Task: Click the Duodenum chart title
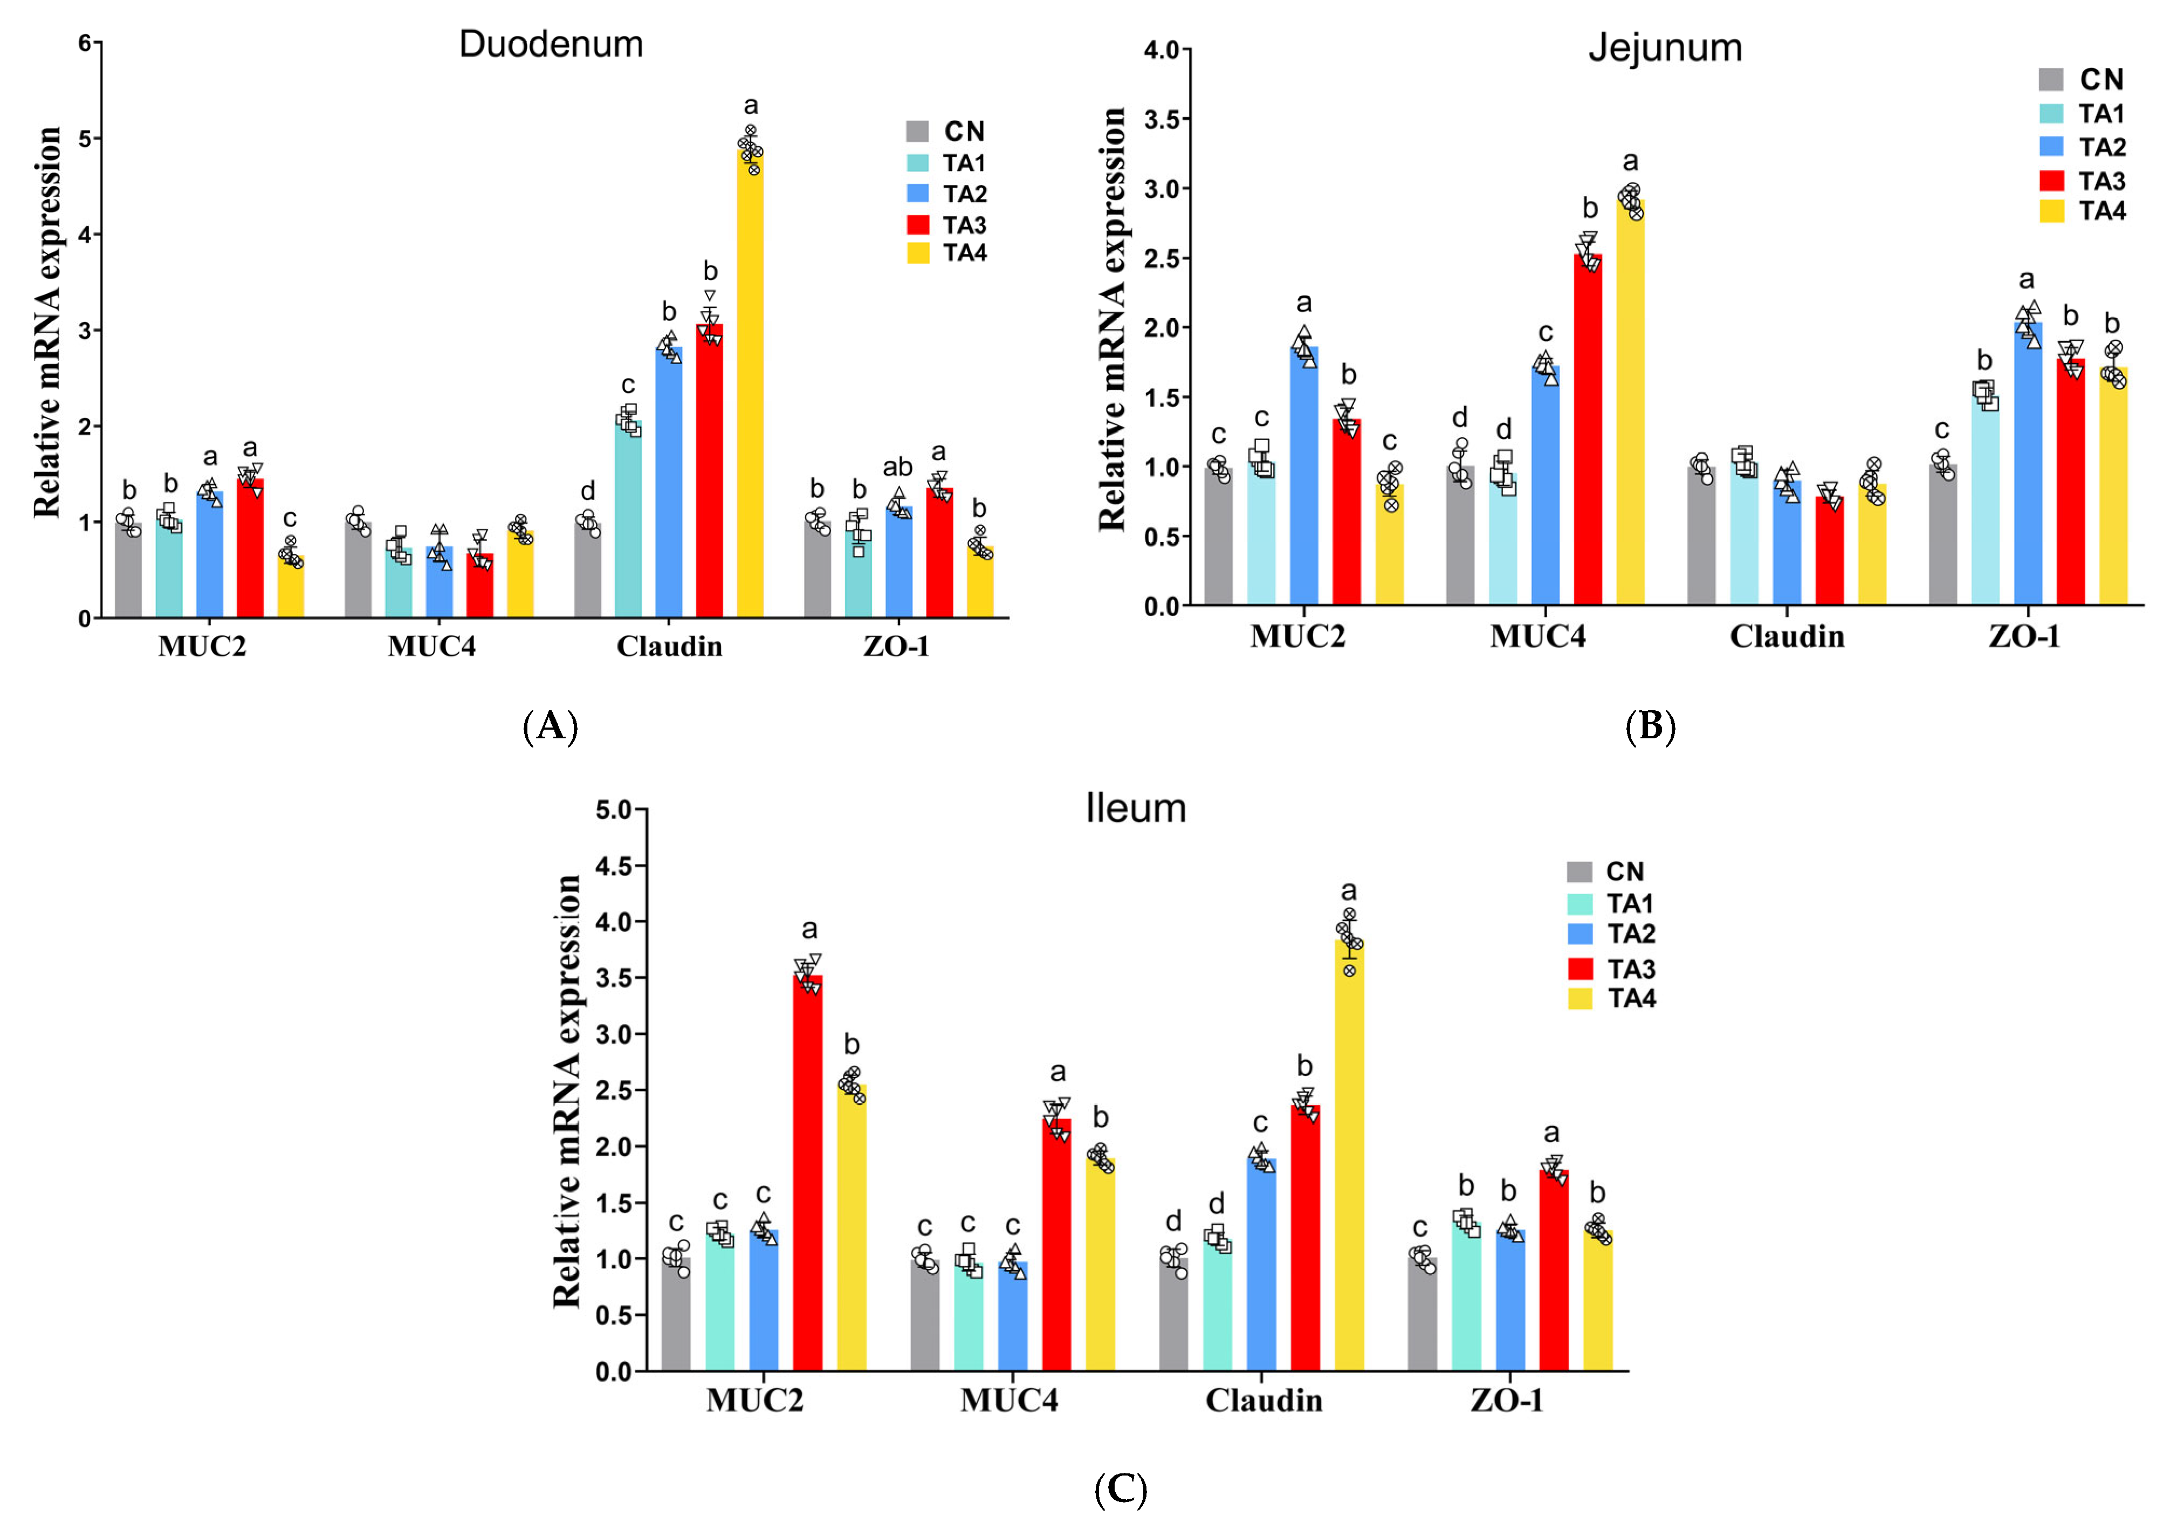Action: (551, 44)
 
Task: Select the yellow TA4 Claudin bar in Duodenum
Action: (750, 387)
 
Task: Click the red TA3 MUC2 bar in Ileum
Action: (807, 1172)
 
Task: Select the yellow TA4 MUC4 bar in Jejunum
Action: (1630, 406)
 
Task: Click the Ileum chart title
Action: (1135, 809)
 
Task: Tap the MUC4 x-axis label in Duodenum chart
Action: (431, 647)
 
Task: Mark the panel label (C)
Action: (1120, 1490)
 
